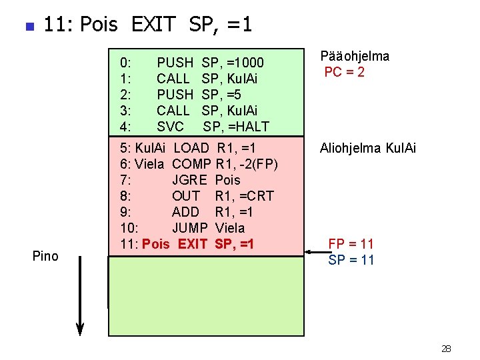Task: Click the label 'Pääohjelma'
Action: tap(355, 57)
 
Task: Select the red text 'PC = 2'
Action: tap(344, 73)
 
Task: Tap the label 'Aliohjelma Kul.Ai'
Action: tap(367, 148)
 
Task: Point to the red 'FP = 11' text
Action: tap(351, 244)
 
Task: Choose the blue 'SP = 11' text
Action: tap(351, 260)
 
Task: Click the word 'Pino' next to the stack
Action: tap(45, 257)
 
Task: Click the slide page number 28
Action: tap(446, 349)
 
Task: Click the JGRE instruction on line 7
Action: tap(189, 180)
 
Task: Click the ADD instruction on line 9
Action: tap(185, 212)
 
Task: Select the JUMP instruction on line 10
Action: tap(190, 228)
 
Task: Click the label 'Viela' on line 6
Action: tap(149, 164)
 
